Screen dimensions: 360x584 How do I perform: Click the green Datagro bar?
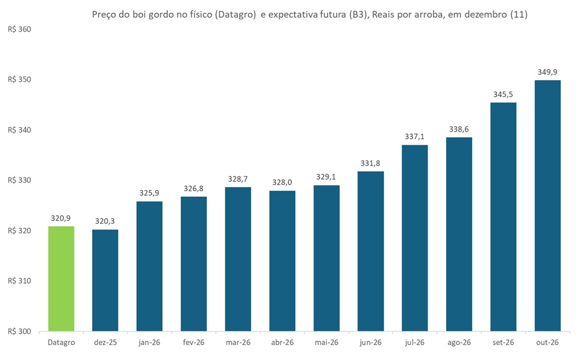(61, 279)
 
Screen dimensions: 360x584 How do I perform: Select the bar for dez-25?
(105, 280)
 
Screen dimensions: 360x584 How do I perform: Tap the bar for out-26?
(547, 205)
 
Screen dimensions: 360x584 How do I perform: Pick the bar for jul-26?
(415, 238)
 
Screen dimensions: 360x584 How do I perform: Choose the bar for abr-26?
(282, 261)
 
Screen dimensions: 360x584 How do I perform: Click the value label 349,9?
(547, 72)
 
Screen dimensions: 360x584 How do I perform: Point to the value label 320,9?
(61, 218)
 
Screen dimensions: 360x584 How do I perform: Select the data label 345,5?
(503, 94)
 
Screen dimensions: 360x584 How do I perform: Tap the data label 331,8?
(371, 163)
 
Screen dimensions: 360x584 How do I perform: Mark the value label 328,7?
(238, 179)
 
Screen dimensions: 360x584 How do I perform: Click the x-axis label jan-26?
(150, 342)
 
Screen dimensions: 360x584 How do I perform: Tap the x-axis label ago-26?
(459, 342)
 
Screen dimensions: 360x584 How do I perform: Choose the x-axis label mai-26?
(327, 342)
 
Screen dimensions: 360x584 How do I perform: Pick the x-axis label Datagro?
(61, 342)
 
